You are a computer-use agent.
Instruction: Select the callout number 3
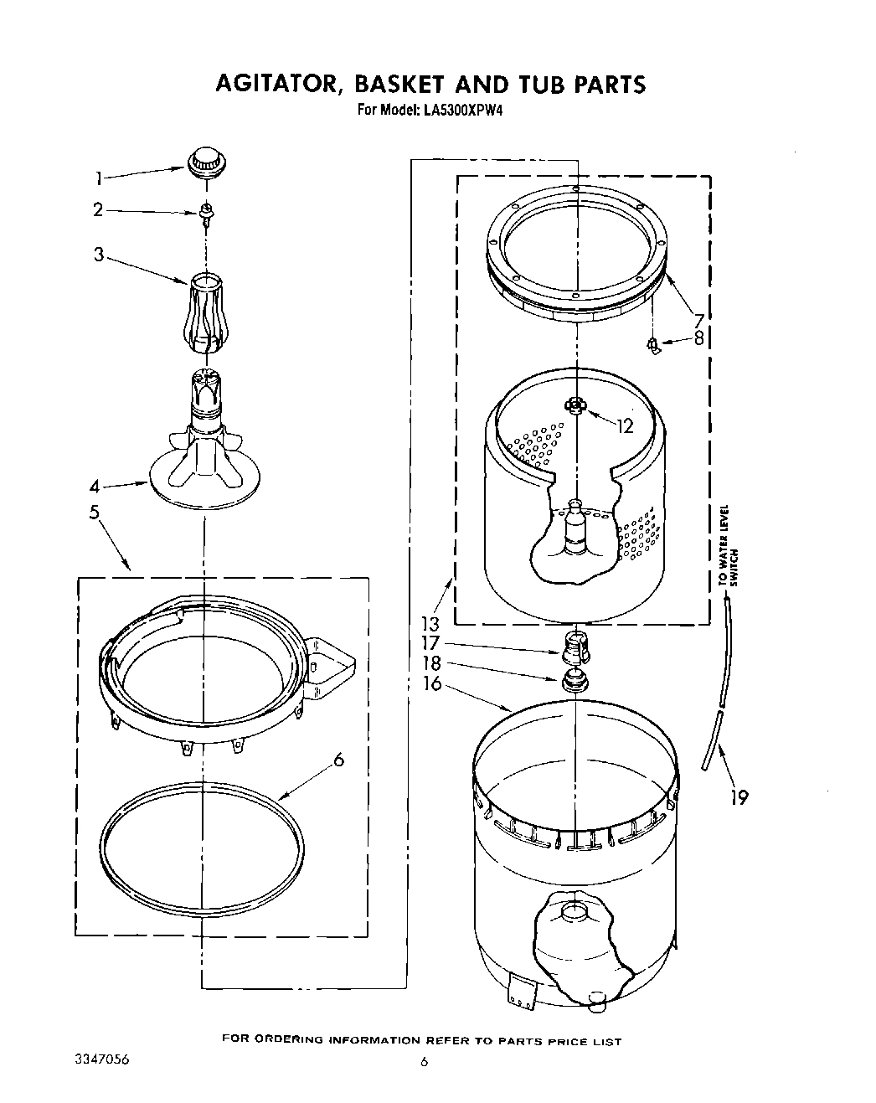click(x=99, y=255)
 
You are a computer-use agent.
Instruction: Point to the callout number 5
click(x=95, y=512)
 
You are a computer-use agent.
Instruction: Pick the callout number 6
click(x=338, y=760)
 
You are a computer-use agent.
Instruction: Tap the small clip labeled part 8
click(x=653, y=343)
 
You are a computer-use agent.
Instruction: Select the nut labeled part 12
click(x=574, y=405)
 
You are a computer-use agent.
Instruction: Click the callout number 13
click(x=430, y=625)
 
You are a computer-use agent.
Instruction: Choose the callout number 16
click(x=430, y=684)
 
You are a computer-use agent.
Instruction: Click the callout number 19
click(x=738, y=796)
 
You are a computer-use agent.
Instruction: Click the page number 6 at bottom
click(x=424, y=1062)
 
